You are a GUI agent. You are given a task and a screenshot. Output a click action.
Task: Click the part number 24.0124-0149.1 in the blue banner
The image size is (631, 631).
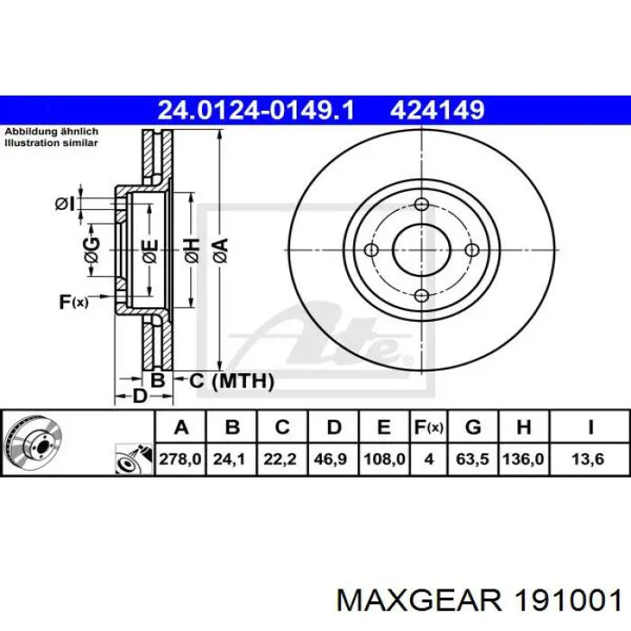tap(256, 110)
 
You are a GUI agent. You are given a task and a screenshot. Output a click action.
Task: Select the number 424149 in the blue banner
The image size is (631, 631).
tap(437, 110)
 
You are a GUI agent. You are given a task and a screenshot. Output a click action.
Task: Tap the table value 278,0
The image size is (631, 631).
tap(180, 459)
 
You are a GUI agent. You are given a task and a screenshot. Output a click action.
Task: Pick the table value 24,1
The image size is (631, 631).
tap(229, 459)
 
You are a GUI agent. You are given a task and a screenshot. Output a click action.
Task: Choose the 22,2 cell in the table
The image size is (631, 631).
tap(280, 459)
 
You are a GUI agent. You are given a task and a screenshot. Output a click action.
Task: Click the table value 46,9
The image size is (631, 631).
tap(331, 459)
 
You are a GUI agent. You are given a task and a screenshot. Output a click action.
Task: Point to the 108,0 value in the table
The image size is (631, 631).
tap(384, 459)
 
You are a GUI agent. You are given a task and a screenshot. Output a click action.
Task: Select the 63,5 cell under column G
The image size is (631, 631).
tap(472, 459)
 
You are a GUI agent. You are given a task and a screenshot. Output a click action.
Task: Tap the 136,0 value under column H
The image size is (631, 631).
tap(523, 459)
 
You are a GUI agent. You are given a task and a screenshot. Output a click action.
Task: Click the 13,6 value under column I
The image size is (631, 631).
tap(588, 459)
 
